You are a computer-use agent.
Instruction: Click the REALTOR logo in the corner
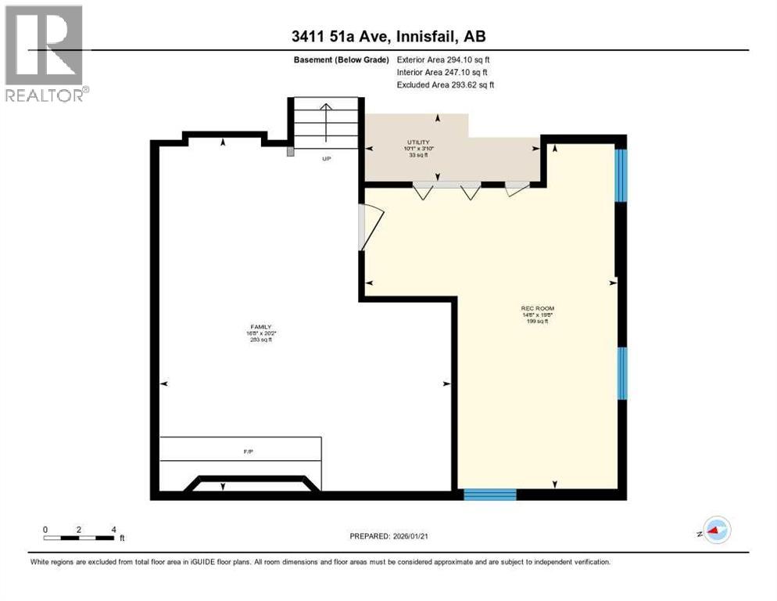(x=45, y=53)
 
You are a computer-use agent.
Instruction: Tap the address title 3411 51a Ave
(x=388, y=37)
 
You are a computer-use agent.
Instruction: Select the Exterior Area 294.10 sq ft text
(x=443, y=59)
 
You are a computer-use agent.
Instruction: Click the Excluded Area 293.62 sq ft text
(x=446, y=85)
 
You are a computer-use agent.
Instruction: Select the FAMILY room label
(x=260, y=328)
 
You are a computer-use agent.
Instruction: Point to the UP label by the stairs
(x=328, y=158)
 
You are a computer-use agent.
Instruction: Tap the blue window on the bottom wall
(x=490, y=494)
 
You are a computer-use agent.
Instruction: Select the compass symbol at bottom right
(x=717, y=530)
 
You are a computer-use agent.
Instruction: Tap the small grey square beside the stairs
(x=291, y=152)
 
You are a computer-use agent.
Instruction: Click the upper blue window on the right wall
(x=621, y=175)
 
